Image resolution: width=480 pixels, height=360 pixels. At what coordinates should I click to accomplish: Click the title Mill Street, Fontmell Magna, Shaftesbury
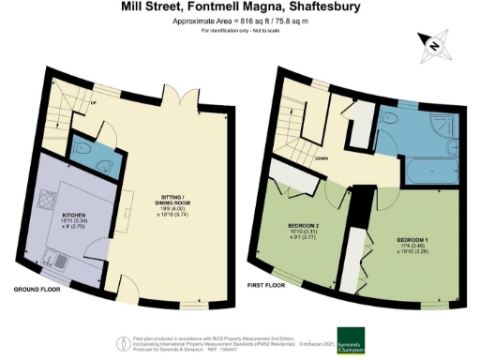pos(239,7)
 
